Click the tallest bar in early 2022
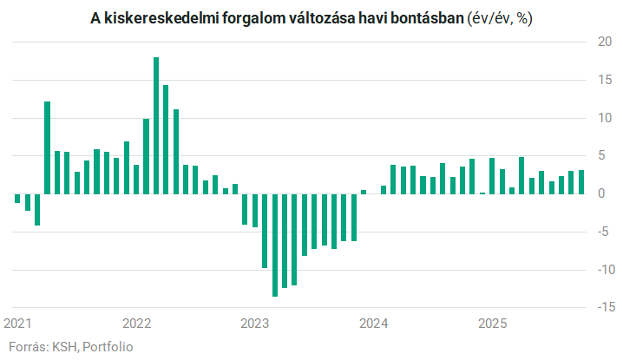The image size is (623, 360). click(x=156, y=125)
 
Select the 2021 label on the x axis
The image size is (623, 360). click(x=18, y=324)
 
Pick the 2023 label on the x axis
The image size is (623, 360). click(x=255, y=324)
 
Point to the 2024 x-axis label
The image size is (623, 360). click(x=374, y=324)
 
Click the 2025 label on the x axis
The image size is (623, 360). click(x=492, y=324)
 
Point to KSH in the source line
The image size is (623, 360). click(x=64, y=347)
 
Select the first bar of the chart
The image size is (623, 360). click(x=17, y=198)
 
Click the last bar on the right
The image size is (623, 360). click(x=581, y=181)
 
